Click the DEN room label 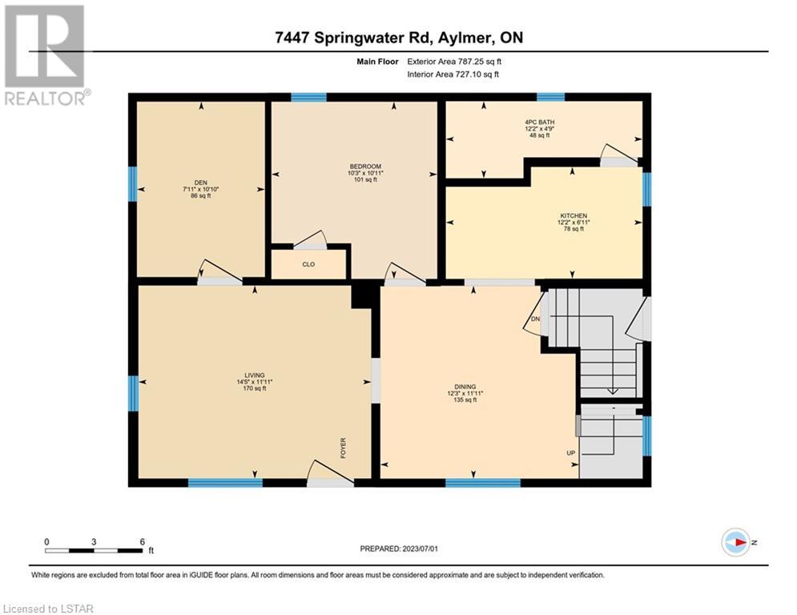(201, 183)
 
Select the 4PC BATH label (539, 123)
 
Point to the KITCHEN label (574, 216)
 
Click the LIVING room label (255, 376)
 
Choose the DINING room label (465, 387)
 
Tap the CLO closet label (308, 264)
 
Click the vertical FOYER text (343, 448)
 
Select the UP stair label (571, 453)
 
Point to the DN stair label (535, 320)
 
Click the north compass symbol (736, 542)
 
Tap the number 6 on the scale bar (143, 542)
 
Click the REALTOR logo (45, 55)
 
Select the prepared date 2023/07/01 (420, 549)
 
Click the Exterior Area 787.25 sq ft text (454, 62)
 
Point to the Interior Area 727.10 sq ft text (453, 74)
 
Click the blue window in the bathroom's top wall (551, 97)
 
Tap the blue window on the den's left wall (133, 184)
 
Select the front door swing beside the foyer (330, 472)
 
